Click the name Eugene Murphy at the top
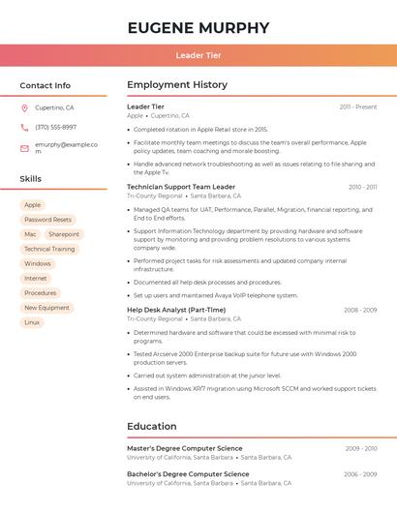coord(198,27)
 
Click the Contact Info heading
coord(45,85)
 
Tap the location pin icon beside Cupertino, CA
coord(24,107)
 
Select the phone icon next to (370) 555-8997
coord(24,127)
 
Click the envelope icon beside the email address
coord(24,148)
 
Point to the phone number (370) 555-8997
coord(55,127)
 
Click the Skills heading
coord(31,179)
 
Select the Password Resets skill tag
coord(47,220)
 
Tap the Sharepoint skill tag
coord(64,234)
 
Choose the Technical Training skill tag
coord(49,249)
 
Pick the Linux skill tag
coord(32,322)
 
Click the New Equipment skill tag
coord(46,308)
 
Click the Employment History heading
coord(176,85)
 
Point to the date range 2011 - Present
coord(358,106)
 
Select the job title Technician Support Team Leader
coord(181,187)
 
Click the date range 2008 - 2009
coord(359,310)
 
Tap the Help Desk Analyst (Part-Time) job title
coord(176,310)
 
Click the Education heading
coord(151,426)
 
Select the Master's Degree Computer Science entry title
coord(185,448)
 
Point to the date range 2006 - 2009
coord(359,474)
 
